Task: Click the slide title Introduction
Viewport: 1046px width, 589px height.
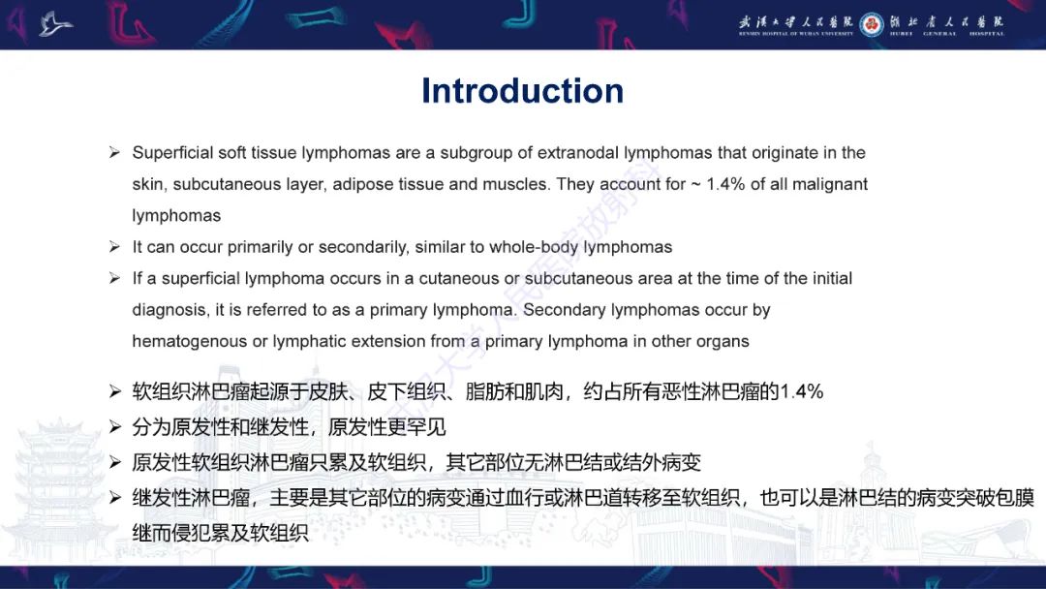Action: tap(522, 91)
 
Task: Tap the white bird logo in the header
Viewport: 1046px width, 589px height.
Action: tap(55, 24)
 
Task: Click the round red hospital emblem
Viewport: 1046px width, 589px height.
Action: tap(872, 24)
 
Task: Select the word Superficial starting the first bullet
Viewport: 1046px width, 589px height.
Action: tap(167, 153)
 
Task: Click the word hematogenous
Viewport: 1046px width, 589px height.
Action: tap(189, 341)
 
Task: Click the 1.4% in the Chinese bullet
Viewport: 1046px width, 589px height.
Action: tap(801, 392)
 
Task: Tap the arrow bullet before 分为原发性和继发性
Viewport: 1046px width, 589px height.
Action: tap(114, 427)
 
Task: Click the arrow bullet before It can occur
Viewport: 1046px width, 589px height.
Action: tap(114, 248)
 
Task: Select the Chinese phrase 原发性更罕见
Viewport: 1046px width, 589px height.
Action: tap(387, 427)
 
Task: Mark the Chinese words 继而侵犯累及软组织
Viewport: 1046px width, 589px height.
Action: tap(221, 532)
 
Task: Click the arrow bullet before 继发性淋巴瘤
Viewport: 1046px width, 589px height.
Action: tap(114, 499)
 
